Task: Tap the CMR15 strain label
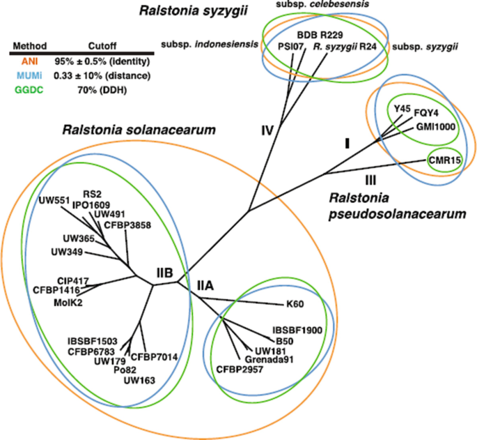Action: coord(444,160)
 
